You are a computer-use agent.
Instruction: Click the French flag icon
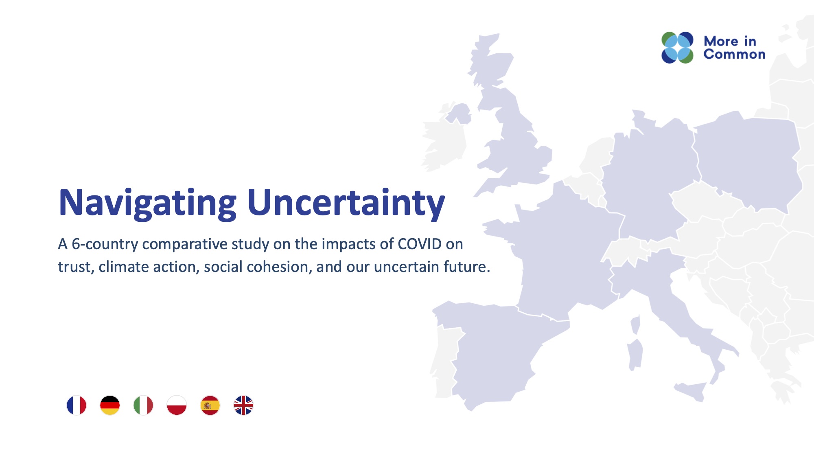click(77, 405)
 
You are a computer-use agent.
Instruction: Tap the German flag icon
click(110, 405)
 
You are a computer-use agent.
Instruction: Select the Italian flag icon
click(143, 405)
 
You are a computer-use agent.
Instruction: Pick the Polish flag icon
click(177, 405)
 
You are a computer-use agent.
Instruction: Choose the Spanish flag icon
click(210, 405)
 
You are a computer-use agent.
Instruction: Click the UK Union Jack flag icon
click(243, 405)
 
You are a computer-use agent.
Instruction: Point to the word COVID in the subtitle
click(419, 244)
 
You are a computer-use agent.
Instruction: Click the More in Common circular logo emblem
click(677, 48)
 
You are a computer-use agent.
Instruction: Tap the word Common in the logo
click(734, 55)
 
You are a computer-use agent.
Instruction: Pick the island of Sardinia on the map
click(635, 354)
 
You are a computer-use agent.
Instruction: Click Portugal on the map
click(446, 358)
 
